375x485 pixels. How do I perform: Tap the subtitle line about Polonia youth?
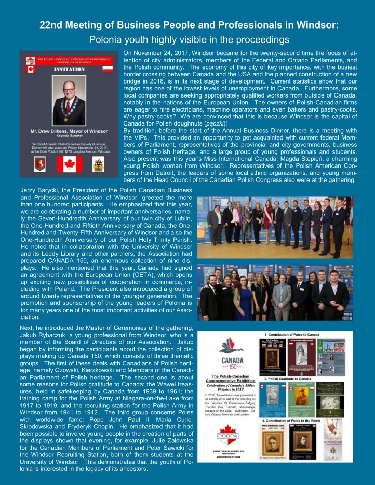pos(187,38)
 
